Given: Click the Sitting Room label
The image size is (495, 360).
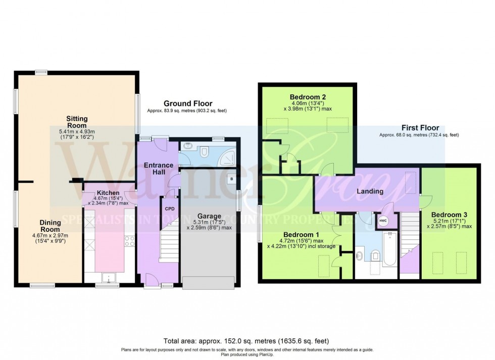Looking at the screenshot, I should coord(77,122).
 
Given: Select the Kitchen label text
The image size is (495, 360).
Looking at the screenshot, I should coord(108,193).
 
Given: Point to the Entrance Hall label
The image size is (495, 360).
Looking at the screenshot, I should coord(159,169).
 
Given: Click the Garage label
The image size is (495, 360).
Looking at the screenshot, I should coord(209,216).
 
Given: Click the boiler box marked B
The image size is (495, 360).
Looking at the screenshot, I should coord(231,179).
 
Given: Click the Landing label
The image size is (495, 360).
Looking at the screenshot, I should coord(370,191).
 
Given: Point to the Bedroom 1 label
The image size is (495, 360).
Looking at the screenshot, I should coord(301,234).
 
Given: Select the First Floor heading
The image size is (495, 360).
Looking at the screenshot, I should coord(420,128).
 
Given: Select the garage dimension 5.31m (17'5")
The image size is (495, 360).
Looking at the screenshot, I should coord(209,222).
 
